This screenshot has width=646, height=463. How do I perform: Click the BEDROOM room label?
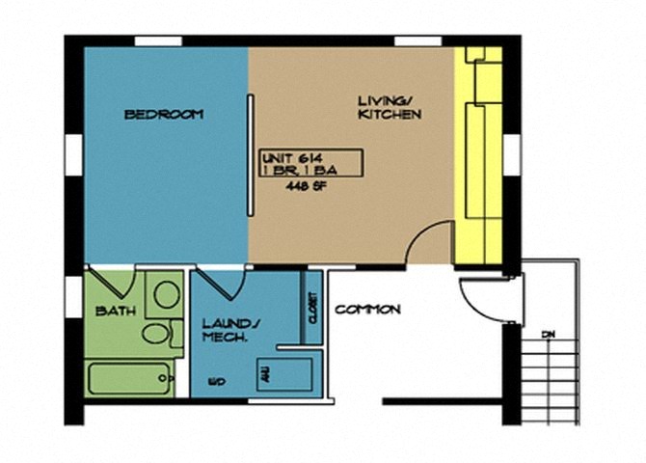(164, 115)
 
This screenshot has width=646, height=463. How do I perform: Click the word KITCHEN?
(390, 116)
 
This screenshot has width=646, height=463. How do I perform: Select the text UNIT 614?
(288, 155)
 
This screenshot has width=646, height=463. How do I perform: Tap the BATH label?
(115, 311)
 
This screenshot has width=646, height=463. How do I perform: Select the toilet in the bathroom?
(156, 334)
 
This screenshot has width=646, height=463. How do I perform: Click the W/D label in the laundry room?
(217, 383)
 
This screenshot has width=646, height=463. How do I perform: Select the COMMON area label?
(367, 310)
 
